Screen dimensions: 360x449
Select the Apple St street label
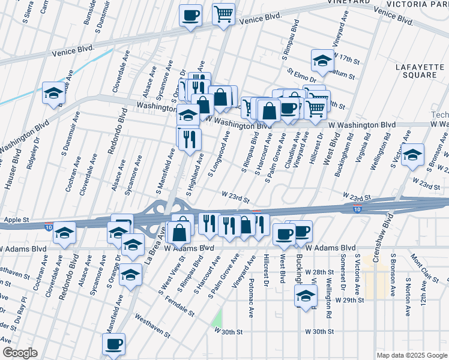(x=16, y=220)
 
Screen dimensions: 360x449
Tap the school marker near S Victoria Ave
(x=412, y=155)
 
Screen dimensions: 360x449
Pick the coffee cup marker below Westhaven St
(x=113, y=344)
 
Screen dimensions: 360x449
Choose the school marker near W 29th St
(x=306, y=296)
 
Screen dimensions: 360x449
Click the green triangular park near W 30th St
(x=217, y=317)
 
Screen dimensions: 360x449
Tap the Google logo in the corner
(x=20, y=353)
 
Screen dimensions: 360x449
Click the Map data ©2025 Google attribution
(x=411, y=355)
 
